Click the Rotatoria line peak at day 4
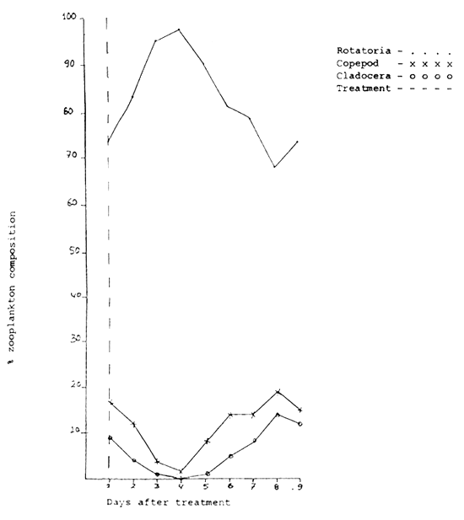tap(179, 29)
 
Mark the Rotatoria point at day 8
tap(275, 167)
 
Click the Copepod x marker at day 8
tap(276, 392)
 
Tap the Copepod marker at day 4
tap(180, 471)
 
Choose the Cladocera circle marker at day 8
tap(276, 415)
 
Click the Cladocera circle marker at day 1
tap(109, 437)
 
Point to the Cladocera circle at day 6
tap(229, 456)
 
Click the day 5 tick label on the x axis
tap(206, 486)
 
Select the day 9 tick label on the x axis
tap(299, 486)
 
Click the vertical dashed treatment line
tap(106, 253)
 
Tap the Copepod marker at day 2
tap(133, 424)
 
